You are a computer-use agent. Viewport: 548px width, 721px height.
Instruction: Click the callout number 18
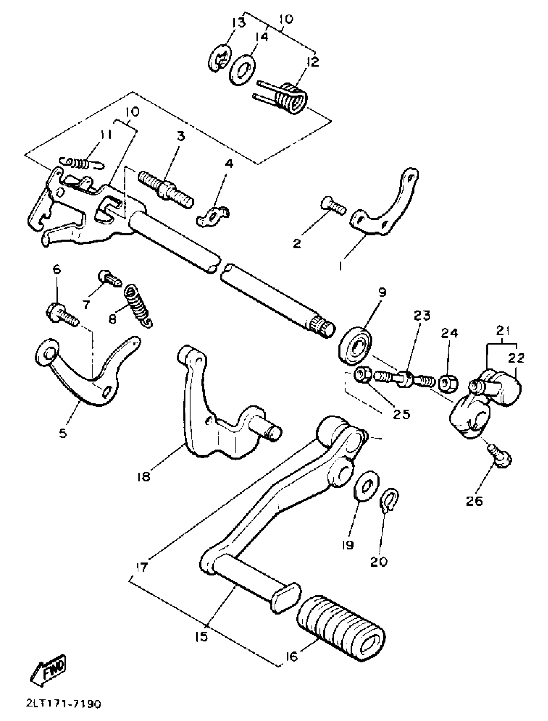[x=144, y=477]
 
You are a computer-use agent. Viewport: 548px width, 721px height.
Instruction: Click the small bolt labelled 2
[x=333, y=206]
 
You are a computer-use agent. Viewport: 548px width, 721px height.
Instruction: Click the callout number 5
[x=63, y=433]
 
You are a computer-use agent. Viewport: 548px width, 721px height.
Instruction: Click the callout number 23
[x=422, y=316]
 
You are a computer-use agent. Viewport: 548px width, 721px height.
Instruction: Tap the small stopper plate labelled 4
[x=212, y=216]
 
